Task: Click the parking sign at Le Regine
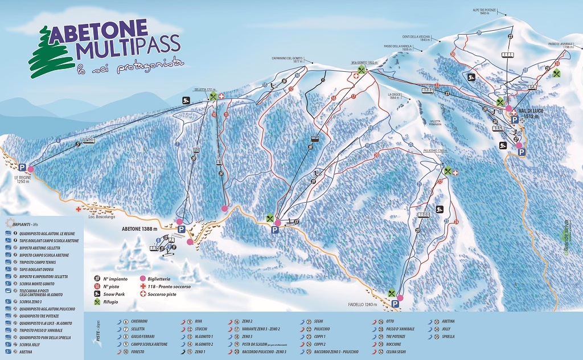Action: pyautogui.click(x=22, y=167)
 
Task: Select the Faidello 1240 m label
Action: pyautogui.click(x=363, y=305)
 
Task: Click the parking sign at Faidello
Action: pyautogui.click(x=395, y=305)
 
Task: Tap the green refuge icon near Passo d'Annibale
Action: pyautogui.click(x=557, y=73)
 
